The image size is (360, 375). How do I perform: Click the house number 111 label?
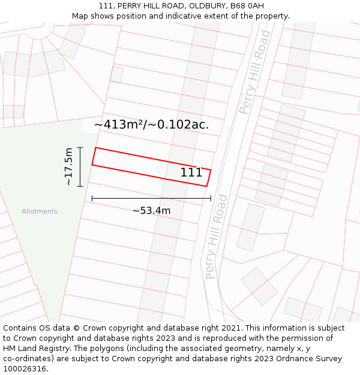coord(191,173)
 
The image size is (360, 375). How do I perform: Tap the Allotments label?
coord(40,211)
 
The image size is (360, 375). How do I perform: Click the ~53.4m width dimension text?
coord(151,211)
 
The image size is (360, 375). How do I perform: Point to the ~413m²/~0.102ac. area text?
coord(152,125)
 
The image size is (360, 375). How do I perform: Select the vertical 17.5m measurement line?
coord(80,166)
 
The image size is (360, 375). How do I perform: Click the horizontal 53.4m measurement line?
coord(151,197)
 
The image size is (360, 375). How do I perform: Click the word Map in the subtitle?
coord(80,16)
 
